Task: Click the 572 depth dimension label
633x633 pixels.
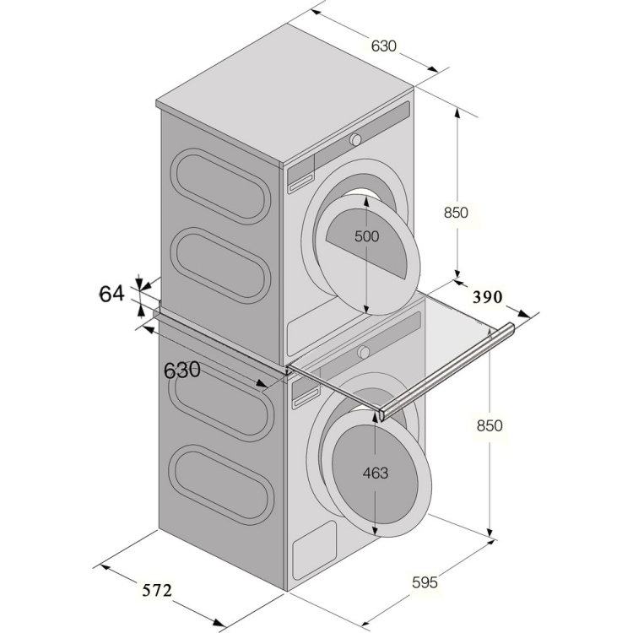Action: pyautogui.click(x=157, y=590)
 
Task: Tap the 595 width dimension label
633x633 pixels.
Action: pyautogui.click(x=425, y=582)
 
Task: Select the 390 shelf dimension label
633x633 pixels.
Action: pyautogui.click(x=488, y=297)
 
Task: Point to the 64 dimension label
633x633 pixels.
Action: pyautogui.click(x=111, y=294)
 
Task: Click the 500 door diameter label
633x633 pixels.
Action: pyautogui.click(x=366, y=236)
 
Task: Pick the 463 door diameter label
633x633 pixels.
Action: pyautogui.click(x=376, y=473)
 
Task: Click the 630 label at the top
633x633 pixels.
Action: pyautogui.click(x=384, y=46)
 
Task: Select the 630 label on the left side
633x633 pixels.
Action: pyautogui.click(x=182, y=370)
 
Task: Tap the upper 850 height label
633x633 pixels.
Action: pyautogui.click(x=456, y=213)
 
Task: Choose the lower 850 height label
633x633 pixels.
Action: pyautogui.click(x=490, y=425)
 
